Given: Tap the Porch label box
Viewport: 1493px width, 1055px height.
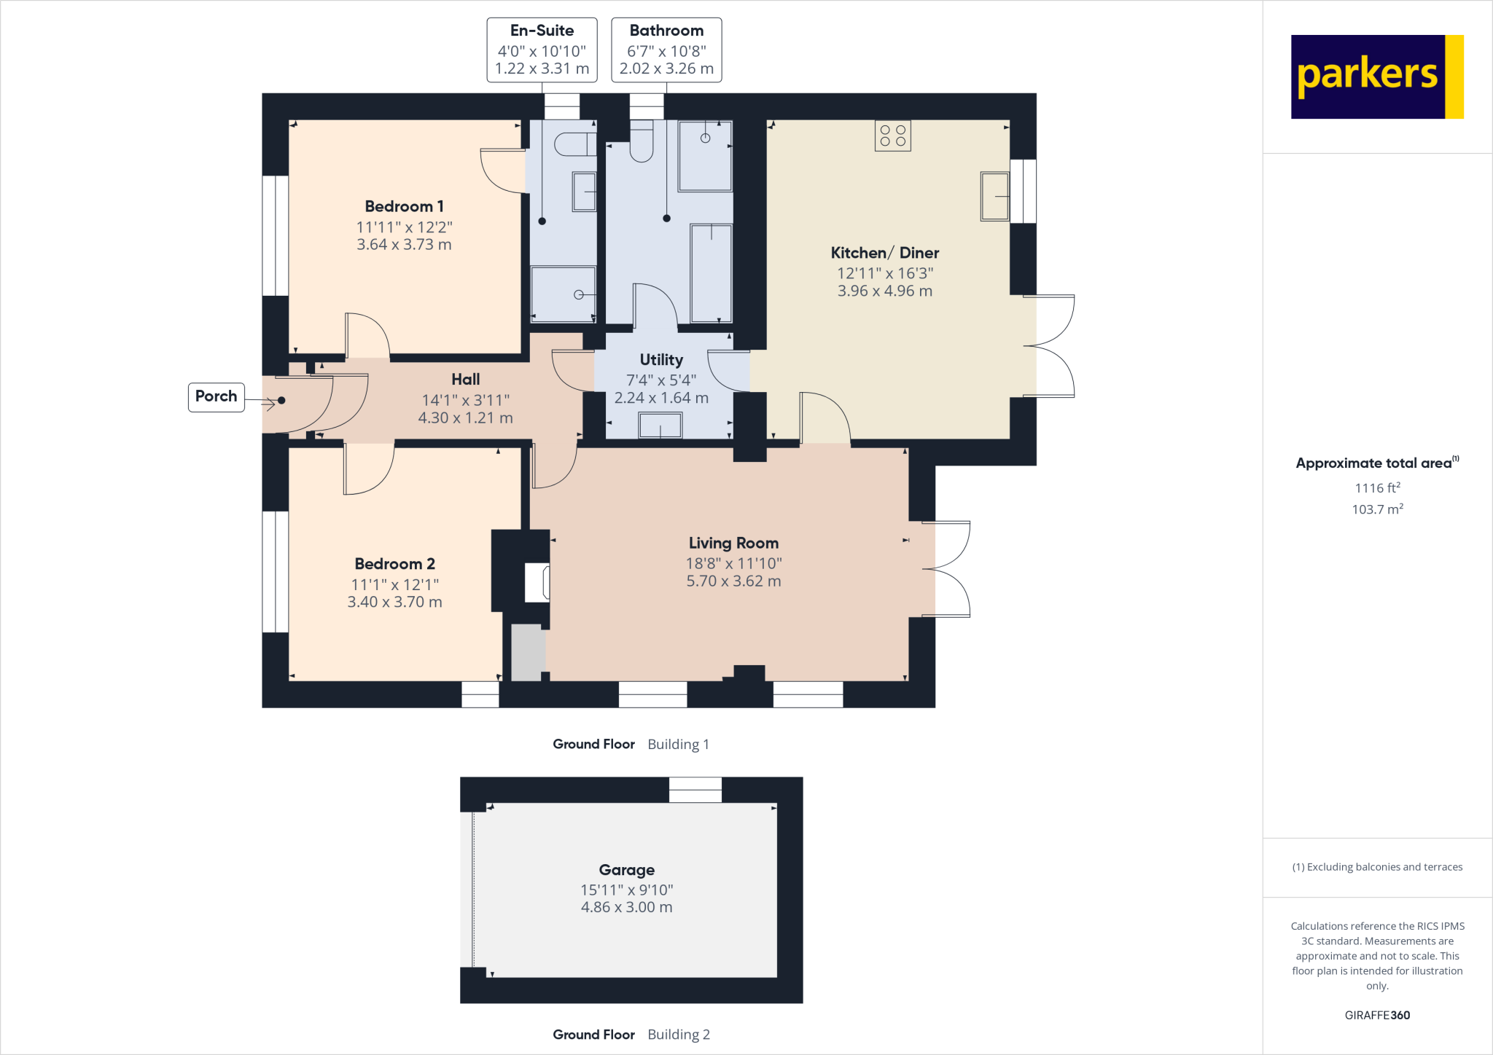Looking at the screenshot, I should coord(216,396).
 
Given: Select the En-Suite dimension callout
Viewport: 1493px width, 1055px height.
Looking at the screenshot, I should coord(542,50).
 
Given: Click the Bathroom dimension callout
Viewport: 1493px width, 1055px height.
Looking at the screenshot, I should coord(666,50).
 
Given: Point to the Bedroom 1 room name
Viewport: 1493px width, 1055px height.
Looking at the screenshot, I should coord(404,206).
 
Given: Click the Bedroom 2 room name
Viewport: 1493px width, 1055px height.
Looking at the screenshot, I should coord(394,564).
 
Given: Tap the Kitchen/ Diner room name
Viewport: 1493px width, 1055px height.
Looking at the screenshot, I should coord(884,253).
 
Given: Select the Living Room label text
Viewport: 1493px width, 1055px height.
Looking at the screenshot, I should coord(733,543).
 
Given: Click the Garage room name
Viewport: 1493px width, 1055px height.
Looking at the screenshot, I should coord(626,869).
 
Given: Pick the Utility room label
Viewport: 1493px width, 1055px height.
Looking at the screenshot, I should coord(661,360).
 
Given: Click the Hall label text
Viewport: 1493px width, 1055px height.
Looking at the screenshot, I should coord(465,379).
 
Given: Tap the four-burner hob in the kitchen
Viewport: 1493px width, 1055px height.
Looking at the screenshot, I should coord(892,136).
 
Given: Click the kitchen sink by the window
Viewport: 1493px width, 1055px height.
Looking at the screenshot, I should coord(994,196).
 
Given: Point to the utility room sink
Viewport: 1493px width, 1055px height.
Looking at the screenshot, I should coord(660,425).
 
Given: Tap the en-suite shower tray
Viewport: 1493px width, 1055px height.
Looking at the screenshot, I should coord(563,294).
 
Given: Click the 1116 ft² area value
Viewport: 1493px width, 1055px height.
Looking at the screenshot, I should coord(1377,487).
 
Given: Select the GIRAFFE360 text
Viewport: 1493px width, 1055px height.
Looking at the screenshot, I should coord(1377,1015).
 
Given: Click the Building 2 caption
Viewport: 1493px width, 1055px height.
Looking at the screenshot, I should coord(678,1034).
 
